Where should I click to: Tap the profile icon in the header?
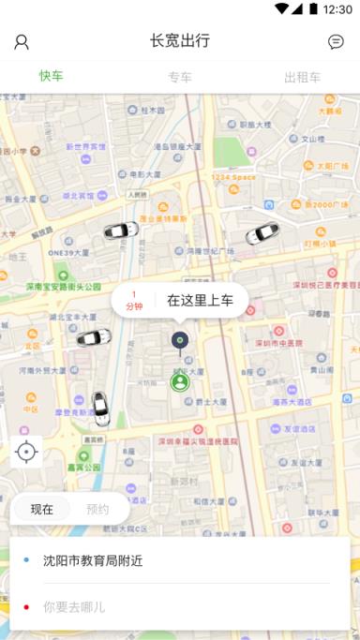click(22, 41)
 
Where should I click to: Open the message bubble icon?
click(336, 41)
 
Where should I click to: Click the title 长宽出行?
click(179, 40)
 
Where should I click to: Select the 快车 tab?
click(52, 76)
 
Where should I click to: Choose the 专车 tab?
click(180, 77)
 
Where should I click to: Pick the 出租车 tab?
click(302, 77)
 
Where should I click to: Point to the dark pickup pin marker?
click(180, 340)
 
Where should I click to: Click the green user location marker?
click(180, 381)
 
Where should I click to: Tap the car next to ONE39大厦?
click(120, 230)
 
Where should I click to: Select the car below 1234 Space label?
click(262, 233)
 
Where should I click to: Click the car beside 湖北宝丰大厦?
click(94, 337)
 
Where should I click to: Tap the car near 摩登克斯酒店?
click(100, 407)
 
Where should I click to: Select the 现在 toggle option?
click(42, 510)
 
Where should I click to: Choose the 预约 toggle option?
click(97, 510)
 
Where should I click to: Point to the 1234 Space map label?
click(232, 176)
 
